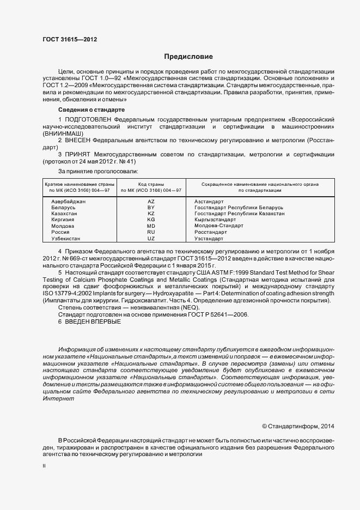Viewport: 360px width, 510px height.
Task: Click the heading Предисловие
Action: coord(188,57)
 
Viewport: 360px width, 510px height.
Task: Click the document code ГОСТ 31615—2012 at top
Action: coord(70,39)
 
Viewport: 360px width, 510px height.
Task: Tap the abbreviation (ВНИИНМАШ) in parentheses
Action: coord(63,133)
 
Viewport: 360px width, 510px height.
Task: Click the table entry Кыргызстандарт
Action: coord(215,220)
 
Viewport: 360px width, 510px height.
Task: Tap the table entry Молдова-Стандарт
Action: coord(218,226)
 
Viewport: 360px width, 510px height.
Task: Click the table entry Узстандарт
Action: coord(209,239)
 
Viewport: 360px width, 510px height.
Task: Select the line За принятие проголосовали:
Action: coord(94,171)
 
